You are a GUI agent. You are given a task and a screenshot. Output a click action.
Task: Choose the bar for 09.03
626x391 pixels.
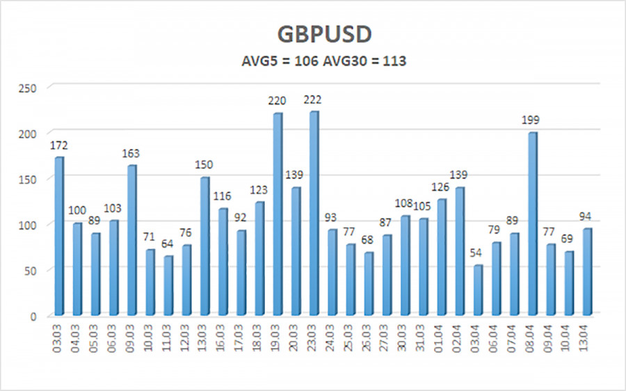coord(132,239)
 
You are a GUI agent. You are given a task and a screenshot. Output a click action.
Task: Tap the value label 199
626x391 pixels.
coord(533,120)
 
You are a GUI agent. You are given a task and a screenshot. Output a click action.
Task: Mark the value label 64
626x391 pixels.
coord(168,244)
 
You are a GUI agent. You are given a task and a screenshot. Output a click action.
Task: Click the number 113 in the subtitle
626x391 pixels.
coord(394,61)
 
